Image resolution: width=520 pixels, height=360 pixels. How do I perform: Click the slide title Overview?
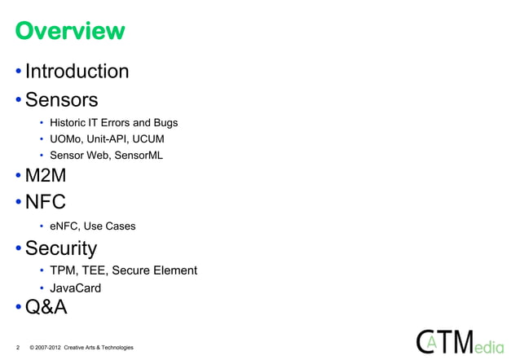pyautogui.click(x=68, y=32)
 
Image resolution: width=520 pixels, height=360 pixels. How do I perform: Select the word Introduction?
pyautogui.click(x=77, y=72)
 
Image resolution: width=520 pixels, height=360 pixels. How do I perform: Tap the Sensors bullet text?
pyautogui.click(x=61, y=100)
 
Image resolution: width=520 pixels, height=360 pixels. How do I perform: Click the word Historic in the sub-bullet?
pyautogui.click(x=68, y=123)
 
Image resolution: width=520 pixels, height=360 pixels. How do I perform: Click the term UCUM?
pyautogui.click(x=148, y=139)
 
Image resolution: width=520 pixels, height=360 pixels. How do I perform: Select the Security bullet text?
pyautogui.click(x=61, y=248)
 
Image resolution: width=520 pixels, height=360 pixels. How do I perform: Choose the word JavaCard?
pyautogui.click(x=76, y=288)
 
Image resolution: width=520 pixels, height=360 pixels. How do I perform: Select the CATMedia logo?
pyautogui.click(x=461, y=341)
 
